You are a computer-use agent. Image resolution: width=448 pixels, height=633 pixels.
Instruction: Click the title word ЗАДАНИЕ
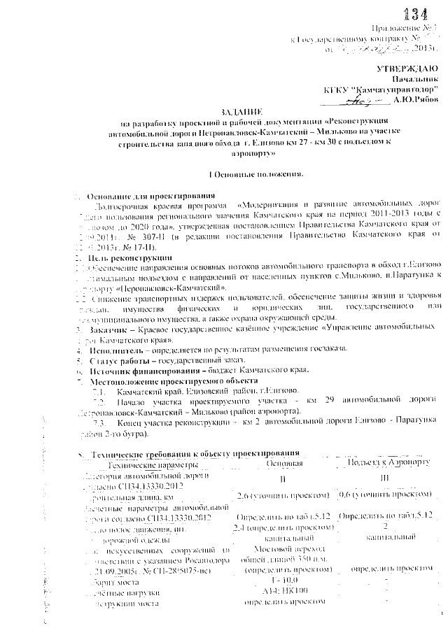[x=241, y=112]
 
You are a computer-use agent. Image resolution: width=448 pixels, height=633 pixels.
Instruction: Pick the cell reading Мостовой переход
[x=283, y=550]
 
